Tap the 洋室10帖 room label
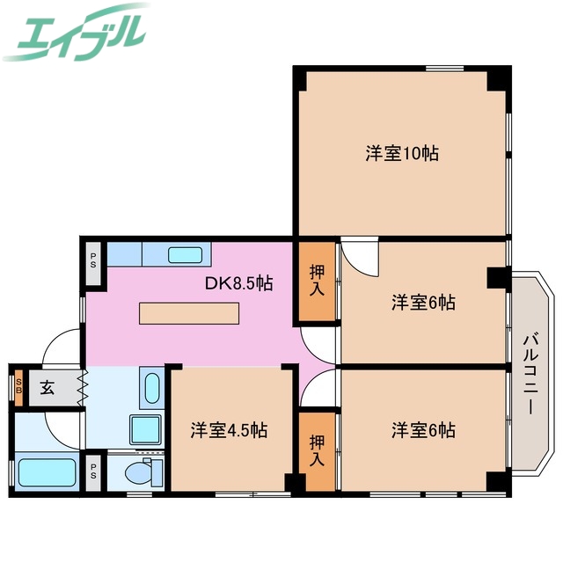coord(402,153)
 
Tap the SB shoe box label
coord(18,388)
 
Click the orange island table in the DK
coord(189,313)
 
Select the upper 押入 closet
coord(317,281)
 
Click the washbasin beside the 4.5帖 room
coord(150,389)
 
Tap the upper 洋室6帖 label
coord(423,303)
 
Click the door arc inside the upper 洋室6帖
coord(359,258)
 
